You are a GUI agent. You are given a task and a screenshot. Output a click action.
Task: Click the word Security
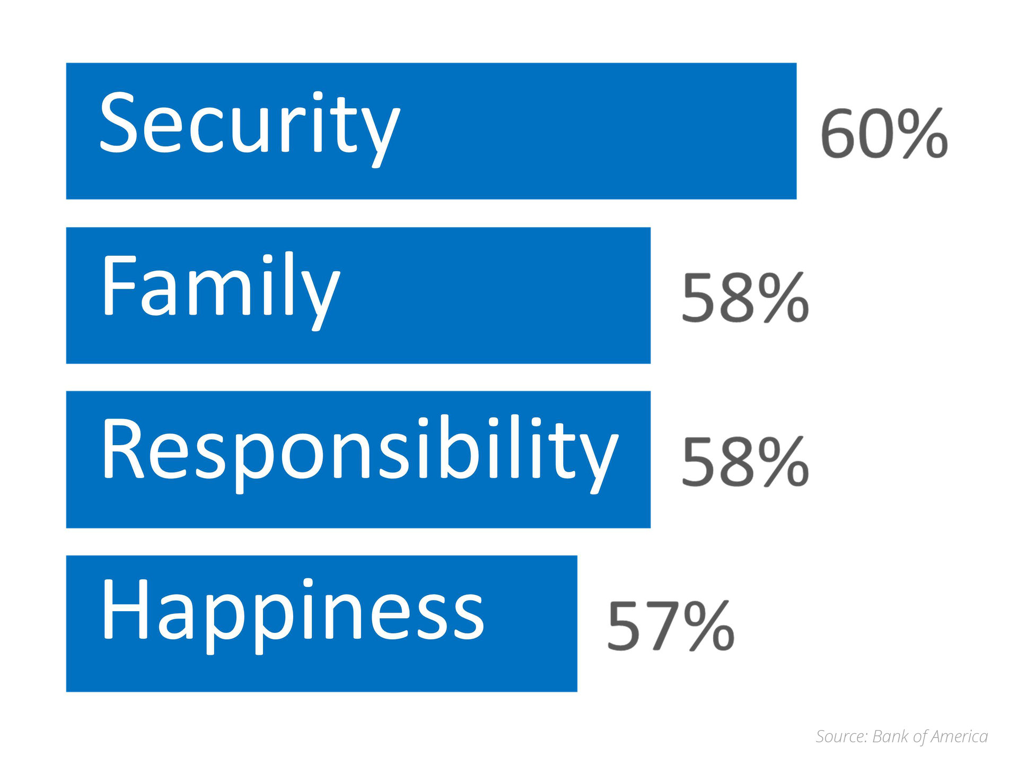pos(249,129)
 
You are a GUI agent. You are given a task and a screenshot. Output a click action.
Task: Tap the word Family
pos(221,291)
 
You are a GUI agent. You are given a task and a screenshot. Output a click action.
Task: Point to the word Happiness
pos(293,616)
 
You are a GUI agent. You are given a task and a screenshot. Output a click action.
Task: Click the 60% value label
pos(884,133)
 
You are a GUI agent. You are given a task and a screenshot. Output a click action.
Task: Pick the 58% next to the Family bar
pos(745,298)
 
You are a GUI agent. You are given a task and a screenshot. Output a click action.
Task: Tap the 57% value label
pos(671,626)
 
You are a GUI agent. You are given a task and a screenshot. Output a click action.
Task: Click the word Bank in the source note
pos(890,736)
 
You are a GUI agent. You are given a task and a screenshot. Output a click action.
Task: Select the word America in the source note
pos(959,736)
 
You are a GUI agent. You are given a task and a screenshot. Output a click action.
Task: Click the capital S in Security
pos(116,122)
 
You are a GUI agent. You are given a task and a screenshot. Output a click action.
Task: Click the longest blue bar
pos(431,131)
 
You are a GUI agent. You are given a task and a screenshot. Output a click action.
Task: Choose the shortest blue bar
pos(321,623)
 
